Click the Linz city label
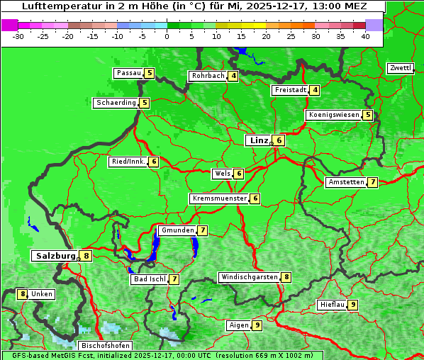pos(258,140)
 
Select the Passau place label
pos(128,73)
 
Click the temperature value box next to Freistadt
pos(315,90)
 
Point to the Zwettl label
pos(400,68)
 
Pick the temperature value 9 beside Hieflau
pos(353,305)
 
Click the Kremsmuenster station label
pos(219,198)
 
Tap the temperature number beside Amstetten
pos(373,182)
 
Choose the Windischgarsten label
pos(249,277)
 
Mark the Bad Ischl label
pos(149,279)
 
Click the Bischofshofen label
pos(105,346)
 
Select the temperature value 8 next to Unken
pos(22,293)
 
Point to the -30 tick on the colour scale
pos(18,36)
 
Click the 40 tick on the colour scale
pos(365,36)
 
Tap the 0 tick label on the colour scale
pos(167,36)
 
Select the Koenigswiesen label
pos(333,115)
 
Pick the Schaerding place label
pos(116,103)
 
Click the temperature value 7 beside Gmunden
pos(203,230)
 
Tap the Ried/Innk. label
pos(128,162)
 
